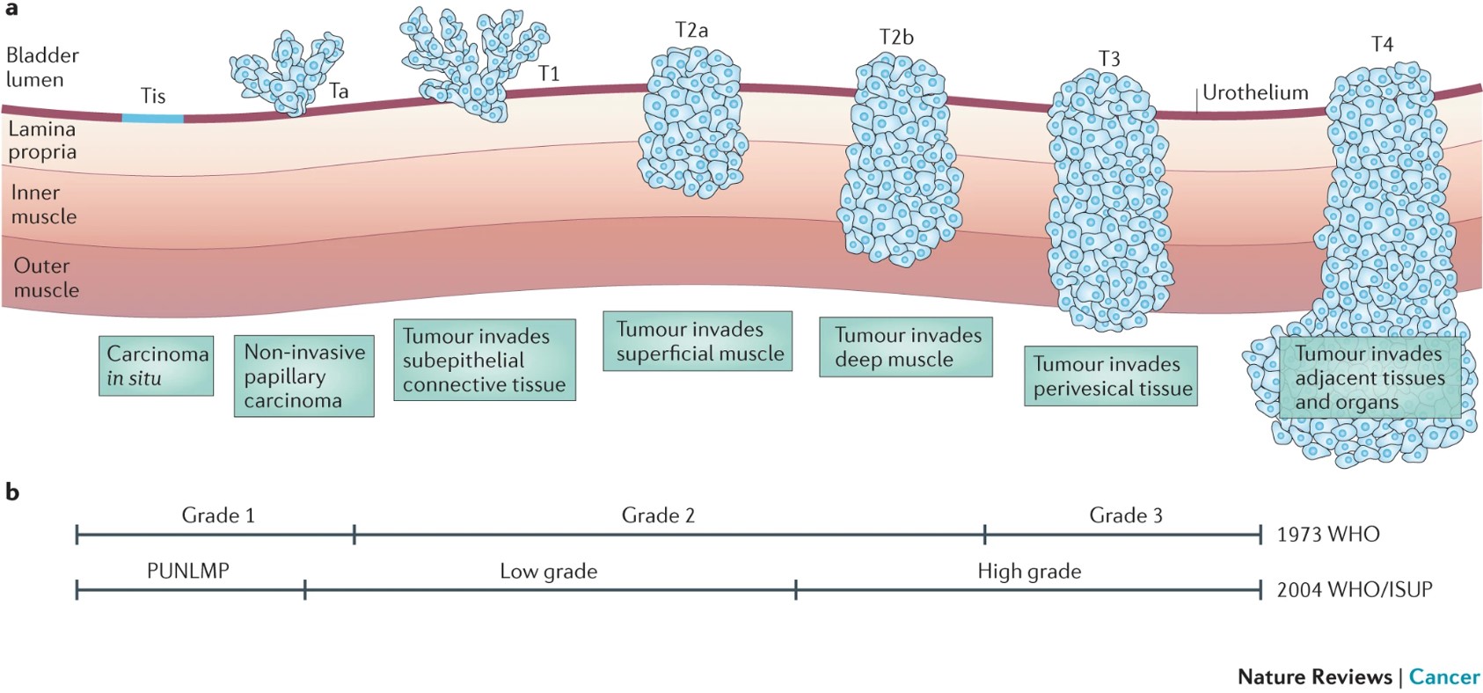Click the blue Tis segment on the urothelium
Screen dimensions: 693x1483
(x=152, y=118)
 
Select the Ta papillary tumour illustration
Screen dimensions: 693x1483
(x=286, y=72)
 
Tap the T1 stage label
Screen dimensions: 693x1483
(x=549, y=74)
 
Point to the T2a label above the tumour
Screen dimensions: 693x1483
(x=691, y=31)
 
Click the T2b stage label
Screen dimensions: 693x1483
(x=896, y=37)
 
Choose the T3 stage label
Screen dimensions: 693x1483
(x=1109, y=59)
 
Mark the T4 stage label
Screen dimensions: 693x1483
(x=1382, y=45)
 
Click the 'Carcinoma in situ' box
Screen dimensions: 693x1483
(x=157, y=366)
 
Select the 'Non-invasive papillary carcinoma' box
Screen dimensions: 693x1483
(x=303, y=376)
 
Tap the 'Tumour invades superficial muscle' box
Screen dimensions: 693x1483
(x=698, y=341)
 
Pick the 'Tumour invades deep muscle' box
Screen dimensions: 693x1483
(x=906, y=347)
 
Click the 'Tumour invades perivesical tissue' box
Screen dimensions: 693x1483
(x=1111, y=376)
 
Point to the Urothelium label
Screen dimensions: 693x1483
(x=1255, y=92)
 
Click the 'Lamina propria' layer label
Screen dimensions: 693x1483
(x=42, y=141)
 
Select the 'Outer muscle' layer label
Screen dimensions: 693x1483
(x=46, y=278)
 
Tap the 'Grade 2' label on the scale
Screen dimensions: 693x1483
(x=658, y=515)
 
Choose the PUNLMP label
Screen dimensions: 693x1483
(x=188, y=571)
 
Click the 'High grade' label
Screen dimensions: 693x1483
(x=1029, y=572)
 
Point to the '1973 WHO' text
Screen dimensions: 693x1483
(x=1328, y=535)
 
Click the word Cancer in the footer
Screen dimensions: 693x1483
(x=1444, y=676)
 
